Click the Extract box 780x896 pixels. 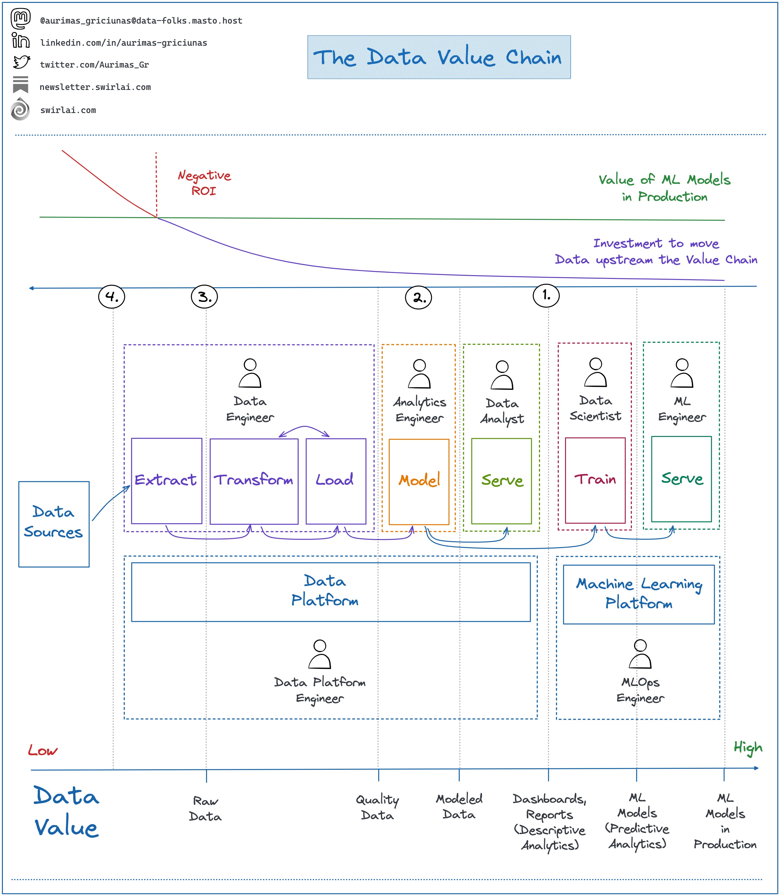pyautogui.click(x=166, y=481)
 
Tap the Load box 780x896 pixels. pyautogui.click(x=336, y=481)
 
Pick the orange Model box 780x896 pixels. pyautogui.click(x=419, y=481)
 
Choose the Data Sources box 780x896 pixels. pyautogui.click(x=54, y=524)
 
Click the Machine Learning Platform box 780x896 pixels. pyautogui.click(x=639, y=594)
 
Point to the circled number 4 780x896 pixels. pyautogui.click(x=112, y=297)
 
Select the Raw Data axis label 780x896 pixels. pyautogui.click(x=205, y=808)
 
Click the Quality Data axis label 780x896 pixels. pyautogui.click(x=377, y=808)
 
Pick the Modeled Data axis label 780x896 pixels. pyautogui.click(x=459, y=806)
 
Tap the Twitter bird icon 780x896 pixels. pyautogui.click(x=21, y=62)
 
